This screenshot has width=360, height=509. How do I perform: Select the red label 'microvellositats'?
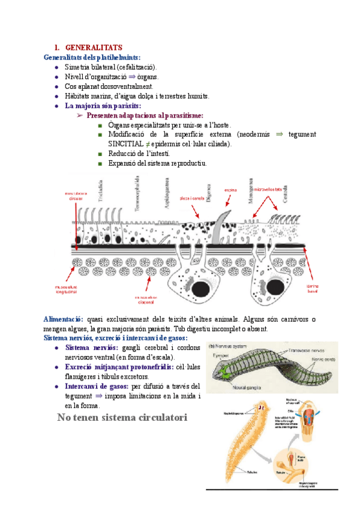268,189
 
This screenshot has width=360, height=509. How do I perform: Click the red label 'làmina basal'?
313,289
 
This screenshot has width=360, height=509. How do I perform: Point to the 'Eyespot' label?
221,355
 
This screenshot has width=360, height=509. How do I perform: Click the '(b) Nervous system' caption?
229,346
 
